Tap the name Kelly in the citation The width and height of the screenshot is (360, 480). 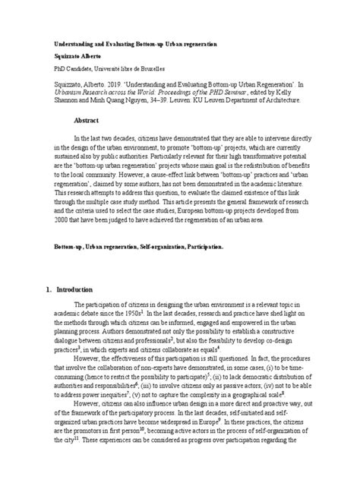point(299,97)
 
